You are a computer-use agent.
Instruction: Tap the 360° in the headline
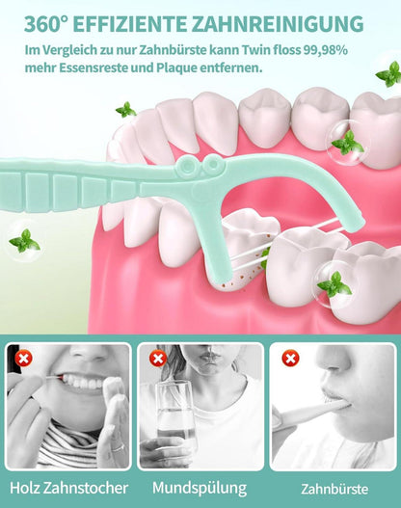click(46, 24)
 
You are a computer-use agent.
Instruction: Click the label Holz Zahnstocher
click(69, 488)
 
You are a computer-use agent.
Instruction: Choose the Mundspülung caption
click(200, 488)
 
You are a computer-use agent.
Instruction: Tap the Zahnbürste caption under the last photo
click(334, 490)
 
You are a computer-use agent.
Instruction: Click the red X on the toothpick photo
click(24, 359)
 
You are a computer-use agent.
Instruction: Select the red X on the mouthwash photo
click(158, 359)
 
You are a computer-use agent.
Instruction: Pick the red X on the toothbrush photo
click(290, 359)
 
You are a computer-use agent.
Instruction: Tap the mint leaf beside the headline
click(389, 74)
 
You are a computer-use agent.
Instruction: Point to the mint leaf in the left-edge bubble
click(25, 241)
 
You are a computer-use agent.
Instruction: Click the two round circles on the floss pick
click(200, 165)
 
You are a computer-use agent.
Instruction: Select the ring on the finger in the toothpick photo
click(118, 448)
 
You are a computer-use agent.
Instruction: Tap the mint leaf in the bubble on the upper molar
click(348, 143)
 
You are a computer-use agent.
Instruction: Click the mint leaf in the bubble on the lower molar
click(334, 284)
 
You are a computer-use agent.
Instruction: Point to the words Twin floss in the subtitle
click(271, 50)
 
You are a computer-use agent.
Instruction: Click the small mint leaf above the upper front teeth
click(126, 110)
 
